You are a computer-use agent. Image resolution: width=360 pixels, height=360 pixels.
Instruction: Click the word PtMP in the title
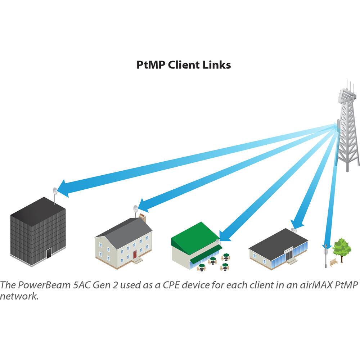[148, 65]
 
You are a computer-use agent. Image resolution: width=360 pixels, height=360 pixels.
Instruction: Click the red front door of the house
[135, 255]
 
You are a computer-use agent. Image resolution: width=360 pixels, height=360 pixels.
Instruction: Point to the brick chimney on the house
[143, 217]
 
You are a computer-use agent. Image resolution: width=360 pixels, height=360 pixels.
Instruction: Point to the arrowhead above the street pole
[327, 242]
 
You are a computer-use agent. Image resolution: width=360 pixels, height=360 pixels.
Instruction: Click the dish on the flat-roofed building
[293, 229]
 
